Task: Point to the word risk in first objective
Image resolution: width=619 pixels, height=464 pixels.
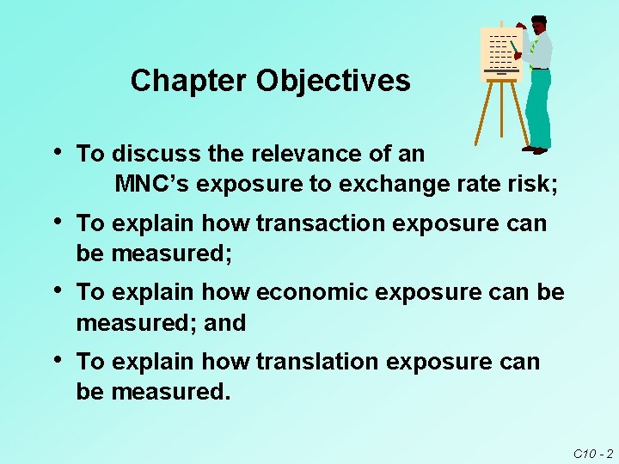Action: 530,185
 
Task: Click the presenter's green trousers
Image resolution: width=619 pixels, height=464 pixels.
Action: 539,107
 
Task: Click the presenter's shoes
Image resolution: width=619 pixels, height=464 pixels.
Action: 535,150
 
